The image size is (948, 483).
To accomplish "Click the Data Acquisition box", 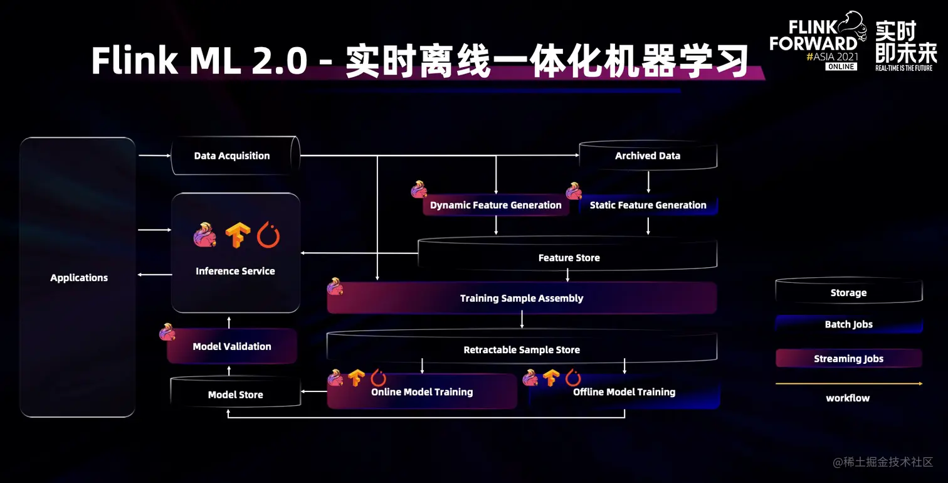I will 232,156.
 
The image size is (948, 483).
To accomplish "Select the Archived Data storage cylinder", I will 647,156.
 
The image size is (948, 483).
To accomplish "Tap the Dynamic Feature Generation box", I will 495,205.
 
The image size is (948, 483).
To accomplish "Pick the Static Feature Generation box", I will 648,205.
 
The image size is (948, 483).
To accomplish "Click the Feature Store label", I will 569,258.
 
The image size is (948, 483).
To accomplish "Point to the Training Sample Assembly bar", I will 522,298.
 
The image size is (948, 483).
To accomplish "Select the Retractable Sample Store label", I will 522,350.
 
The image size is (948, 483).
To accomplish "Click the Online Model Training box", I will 422,392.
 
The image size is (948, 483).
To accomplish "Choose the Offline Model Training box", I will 624,392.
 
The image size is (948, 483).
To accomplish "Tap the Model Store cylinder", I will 235,395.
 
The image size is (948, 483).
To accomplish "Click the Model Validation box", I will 232,346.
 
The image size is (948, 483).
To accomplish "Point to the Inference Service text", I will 235,271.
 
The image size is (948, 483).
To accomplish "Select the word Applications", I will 79,278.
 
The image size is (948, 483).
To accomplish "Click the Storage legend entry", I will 848,293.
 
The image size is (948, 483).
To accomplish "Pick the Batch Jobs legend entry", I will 848,324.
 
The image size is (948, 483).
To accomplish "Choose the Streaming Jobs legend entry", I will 848,359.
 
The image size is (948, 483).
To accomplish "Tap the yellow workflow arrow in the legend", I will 848,383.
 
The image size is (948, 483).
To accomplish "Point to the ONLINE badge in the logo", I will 841,66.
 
